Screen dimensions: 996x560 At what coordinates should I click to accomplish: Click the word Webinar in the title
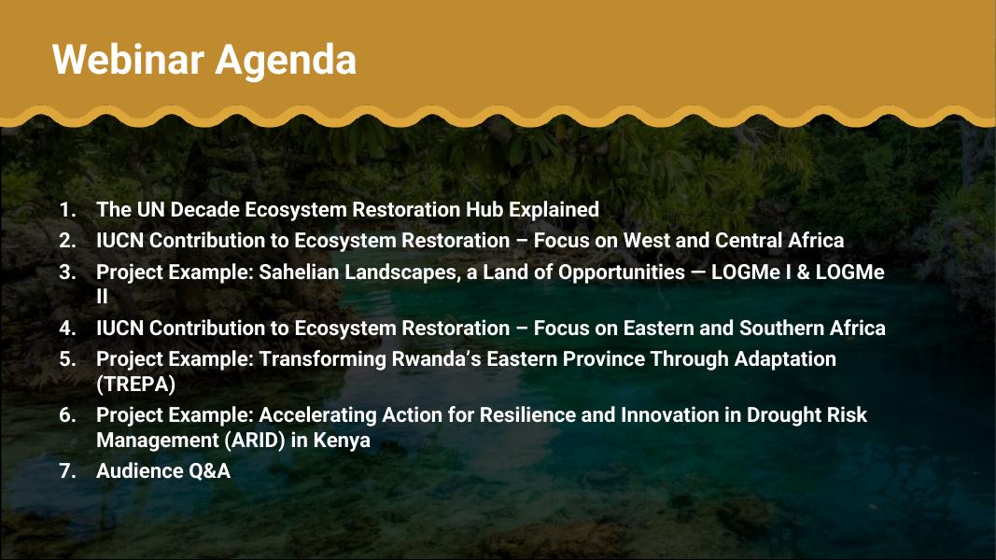pos(128,60)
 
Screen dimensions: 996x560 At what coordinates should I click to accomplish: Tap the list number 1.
pos(67,209)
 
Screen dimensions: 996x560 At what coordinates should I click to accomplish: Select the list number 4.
pos(67,329)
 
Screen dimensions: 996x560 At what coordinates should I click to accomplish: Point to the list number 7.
pos(67,471)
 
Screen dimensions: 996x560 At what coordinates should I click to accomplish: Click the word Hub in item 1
pos(484,209)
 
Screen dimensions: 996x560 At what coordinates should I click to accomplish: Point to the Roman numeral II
pos(103,297)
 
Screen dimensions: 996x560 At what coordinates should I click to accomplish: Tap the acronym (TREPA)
pos(136,385)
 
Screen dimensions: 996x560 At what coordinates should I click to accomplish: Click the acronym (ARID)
pos(256,441)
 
